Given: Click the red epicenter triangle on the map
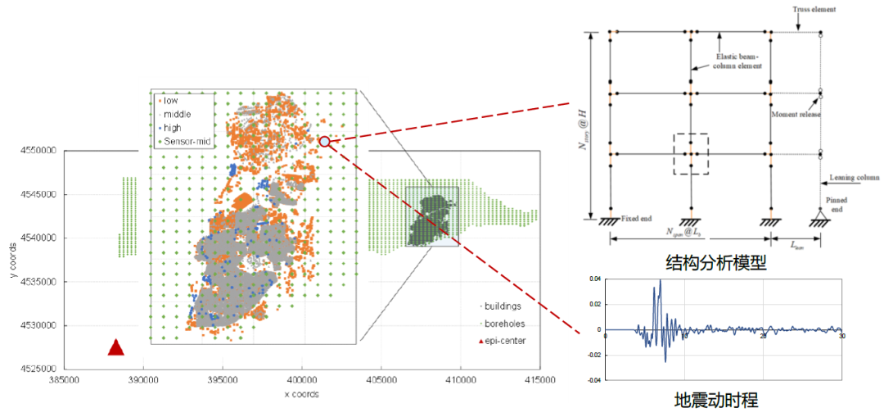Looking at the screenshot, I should tap(116, 347).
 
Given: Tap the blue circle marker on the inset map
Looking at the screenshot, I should tap(325, 142).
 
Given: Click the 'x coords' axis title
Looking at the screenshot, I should tap(301, 394).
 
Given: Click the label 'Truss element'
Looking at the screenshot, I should tap(815, 11).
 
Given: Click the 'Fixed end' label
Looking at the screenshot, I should tap(639, 217).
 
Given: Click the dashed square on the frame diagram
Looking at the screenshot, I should tap(691, 153).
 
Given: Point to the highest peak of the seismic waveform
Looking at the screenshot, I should tap(660, 281).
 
